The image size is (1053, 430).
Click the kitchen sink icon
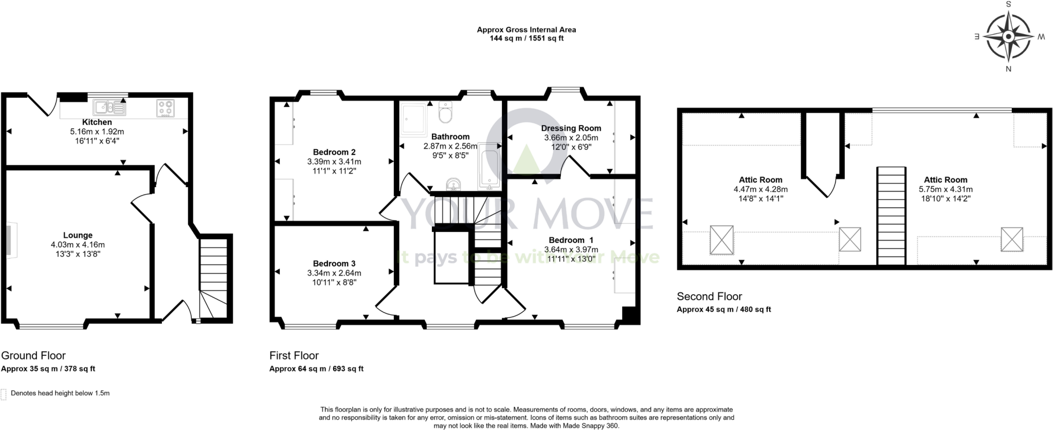click(x=109, y=107)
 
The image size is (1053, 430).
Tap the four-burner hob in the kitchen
click(x=166, y=108)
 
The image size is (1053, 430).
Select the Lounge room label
click(x=78, y=236)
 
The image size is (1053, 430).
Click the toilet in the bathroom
click(x=445, y=112)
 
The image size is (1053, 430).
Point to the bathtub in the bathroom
click(x=488, y=168)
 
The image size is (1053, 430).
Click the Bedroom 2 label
click(x=334, y=152)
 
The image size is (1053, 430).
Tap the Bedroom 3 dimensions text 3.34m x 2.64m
click(x=334, y=273)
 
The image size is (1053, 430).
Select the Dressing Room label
click(x=571, y=128)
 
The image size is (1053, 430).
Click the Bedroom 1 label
click(x=571, y=240)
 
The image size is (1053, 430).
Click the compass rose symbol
click(x=1008, y=37)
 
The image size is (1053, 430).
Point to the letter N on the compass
click(x=1008, y=69)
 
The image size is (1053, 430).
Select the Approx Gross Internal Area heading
click(x=526, y=30)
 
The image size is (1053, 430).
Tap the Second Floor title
click(x=709, y=296)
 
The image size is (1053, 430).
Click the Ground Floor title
click(x=33, y=355)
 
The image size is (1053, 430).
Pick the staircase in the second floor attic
click(x=891, y=215)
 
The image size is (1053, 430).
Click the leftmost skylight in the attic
click(x=721, y=240)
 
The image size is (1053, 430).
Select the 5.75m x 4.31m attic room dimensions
click(x=945, y=189)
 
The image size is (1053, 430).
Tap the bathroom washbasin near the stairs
click(x=452, y=184)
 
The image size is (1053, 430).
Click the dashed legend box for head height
click(x=4, y=393)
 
